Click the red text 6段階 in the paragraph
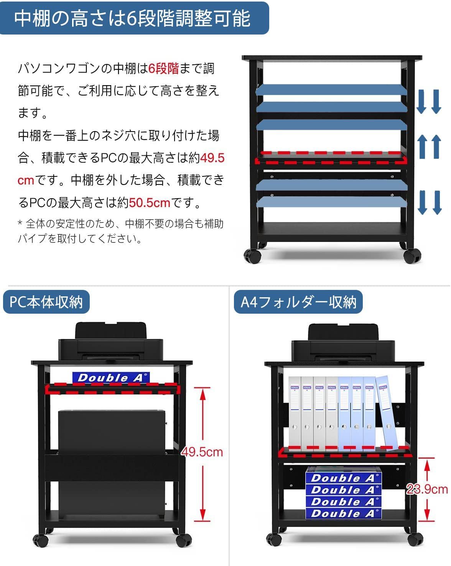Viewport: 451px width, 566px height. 164,69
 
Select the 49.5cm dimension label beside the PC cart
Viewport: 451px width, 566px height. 202,452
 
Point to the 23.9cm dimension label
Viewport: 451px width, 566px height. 427,489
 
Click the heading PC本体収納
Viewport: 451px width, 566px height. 46,302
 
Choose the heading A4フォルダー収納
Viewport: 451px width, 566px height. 298,302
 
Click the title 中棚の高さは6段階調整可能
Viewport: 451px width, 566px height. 132,18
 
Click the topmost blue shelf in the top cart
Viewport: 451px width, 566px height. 331,89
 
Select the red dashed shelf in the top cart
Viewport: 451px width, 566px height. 331,158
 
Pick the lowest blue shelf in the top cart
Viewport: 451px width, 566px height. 331,202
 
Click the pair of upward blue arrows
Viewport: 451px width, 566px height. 429,146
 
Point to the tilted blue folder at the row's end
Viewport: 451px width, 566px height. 387,413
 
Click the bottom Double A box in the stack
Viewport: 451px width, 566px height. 343,513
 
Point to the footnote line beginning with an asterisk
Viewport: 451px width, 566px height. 120,224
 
